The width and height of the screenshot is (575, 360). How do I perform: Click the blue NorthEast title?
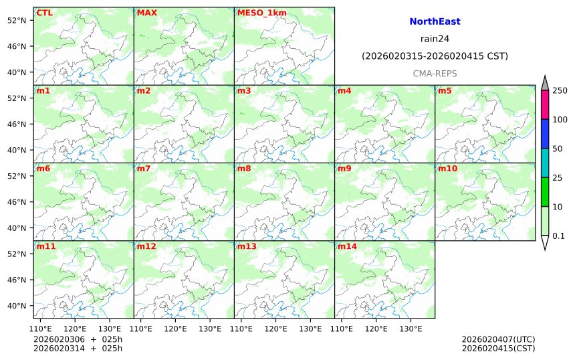(435, 22)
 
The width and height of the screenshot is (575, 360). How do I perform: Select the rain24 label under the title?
(435, 39)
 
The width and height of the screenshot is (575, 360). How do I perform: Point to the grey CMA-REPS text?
(435, 72)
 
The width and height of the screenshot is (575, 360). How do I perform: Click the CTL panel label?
(44, 13)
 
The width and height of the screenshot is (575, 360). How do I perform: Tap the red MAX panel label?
(146, 13)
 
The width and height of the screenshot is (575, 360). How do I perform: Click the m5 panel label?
(445, 90)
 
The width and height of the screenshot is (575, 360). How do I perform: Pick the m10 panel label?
(447, 169)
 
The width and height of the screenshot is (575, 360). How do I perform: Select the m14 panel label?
(347, 246)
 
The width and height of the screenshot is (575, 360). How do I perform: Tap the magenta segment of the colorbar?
(545, 104)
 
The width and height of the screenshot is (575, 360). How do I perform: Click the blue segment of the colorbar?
(545, 134)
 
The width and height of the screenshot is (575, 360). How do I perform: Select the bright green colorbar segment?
(545, 192)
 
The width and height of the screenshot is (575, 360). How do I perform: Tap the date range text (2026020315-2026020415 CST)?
(435, 56)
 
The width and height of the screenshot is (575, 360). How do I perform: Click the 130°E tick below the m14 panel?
(411, 329)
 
